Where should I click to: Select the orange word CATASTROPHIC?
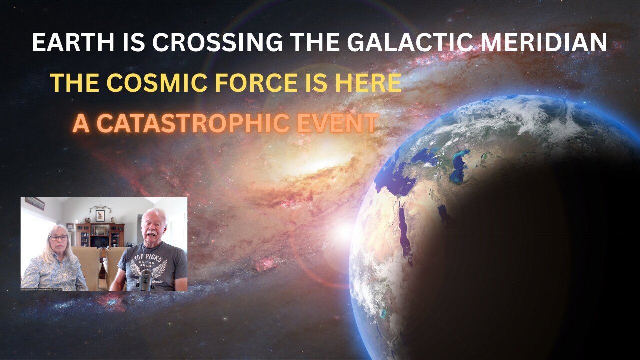[x=190, y=123]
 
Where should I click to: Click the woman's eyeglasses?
[x=58, y=237]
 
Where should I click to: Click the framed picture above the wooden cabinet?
[x=100, y=215]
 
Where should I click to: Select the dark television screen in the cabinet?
[x=100, y=241]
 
